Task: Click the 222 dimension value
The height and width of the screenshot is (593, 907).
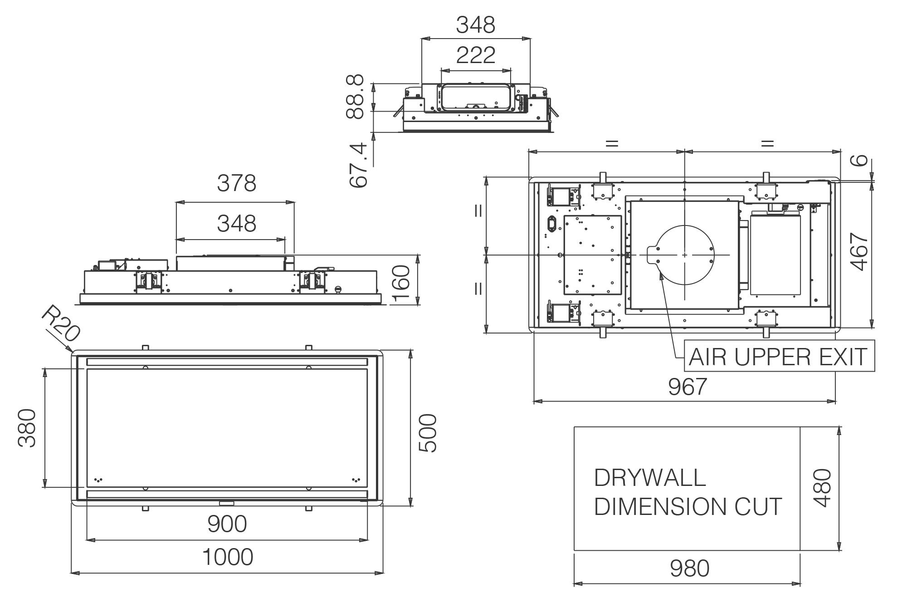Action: pyautogui.click(x=476, y=55)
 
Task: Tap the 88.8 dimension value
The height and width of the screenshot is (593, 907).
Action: pyautogui.click(x=355, y=97)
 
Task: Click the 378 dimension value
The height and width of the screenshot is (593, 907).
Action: pyautogui.click(x=236, y=183)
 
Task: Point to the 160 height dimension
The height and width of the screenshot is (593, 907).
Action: pyautogui.click(x=401, y=284)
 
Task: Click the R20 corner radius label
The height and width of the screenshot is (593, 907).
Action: pyautogui.click(x=60, y=323)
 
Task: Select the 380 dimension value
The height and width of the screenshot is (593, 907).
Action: pyautogui.click(x=27, y=428)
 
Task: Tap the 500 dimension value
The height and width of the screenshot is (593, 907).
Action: pyautogui.click(x=428, y=433)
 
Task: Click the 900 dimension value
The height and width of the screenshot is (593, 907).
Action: pyautogui.click(x=227, y=524)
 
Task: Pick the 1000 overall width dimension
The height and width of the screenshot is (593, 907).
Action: pyautogui.click(x=227, y=557)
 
